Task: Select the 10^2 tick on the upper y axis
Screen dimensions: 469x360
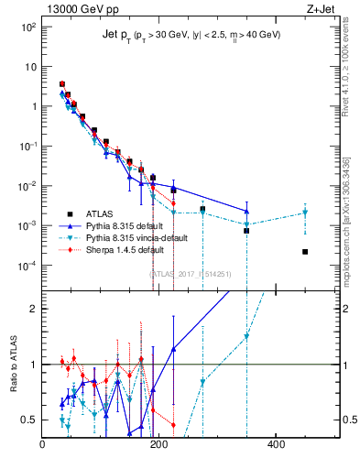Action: click(29, 27)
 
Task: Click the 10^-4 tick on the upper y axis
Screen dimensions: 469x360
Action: click(29, 266)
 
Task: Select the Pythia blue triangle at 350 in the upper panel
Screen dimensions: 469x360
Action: click(246, 212)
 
